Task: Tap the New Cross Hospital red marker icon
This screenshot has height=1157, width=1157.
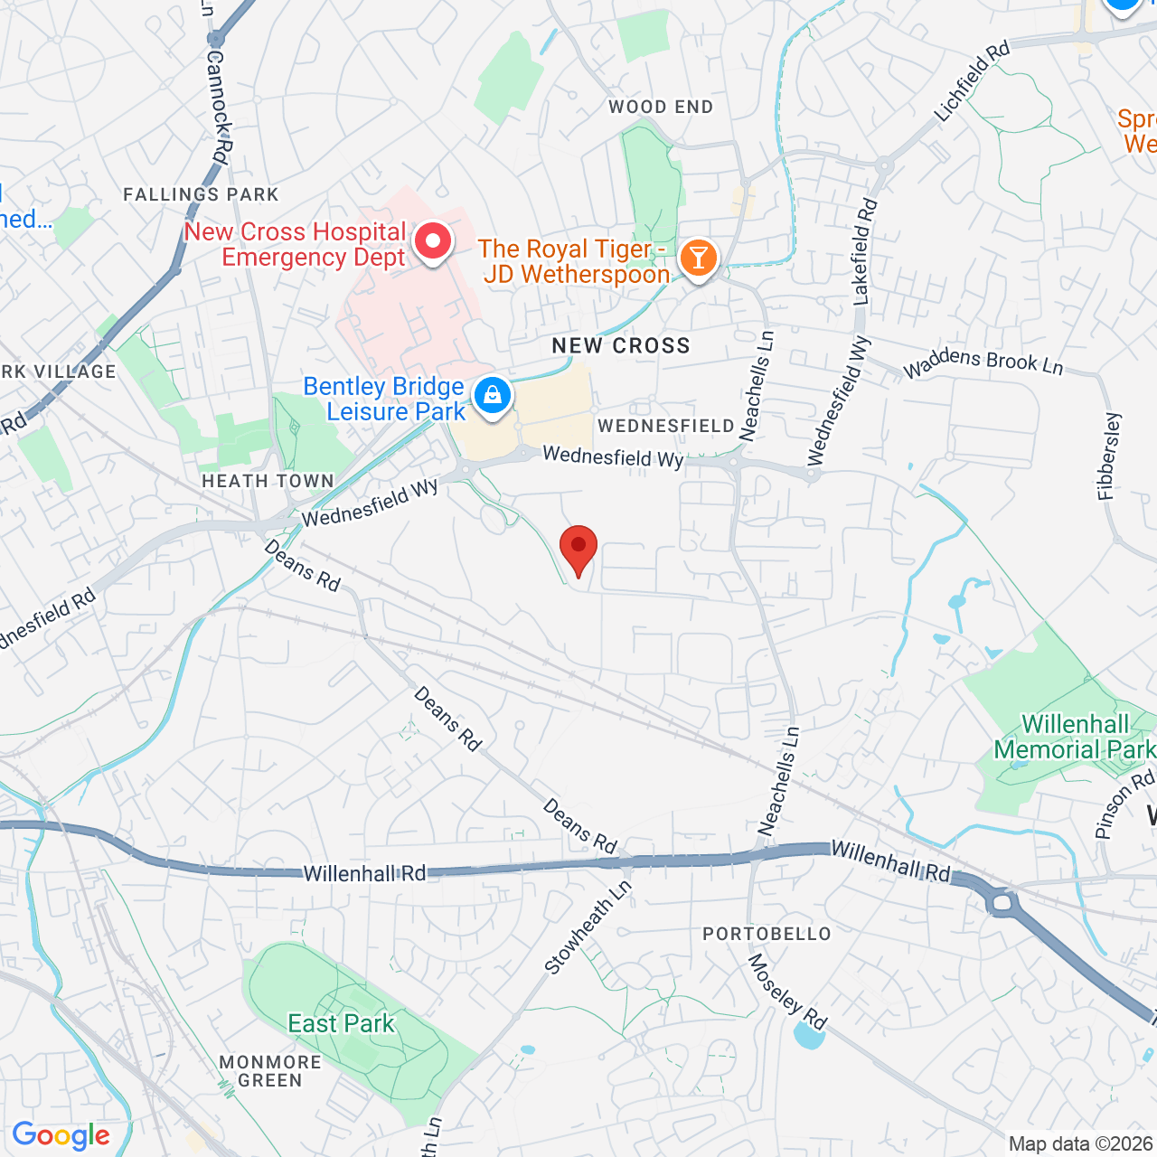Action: [x=433, y=242]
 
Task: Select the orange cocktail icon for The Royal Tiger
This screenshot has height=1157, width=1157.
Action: [x=698, y=258]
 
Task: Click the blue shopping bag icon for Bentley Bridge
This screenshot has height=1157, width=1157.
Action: [x=493, y=397]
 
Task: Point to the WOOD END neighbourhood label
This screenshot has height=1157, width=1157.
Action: [x=661, y=108]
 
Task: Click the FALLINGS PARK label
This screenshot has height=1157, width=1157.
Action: [x=201, y=194]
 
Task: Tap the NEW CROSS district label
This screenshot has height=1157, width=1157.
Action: [x=621, y=346]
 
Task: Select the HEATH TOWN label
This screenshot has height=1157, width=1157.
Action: [x=268, y=482]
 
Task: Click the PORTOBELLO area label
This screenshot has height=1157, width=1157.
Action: [x=767, y=934]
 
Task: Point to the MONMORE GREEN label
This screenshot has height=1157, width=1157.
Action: [x=270, y=1071]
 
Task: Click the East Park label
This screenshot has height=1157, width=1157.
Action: [x=341, y=1023]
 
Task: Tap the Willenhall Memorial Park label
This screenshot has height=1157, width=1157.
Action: [x=1074, y=737]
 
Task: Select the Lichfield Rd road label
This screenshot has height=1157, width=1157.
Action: [x=972, y=81]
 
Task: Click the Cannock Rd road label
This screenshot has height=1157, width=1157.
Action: [x=218, y=104]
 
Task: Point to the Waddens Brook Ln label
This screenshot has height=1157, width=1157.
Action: [x=983, y=362]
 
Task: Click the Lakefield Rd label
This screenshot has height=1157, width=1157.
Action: [x=864, y=250]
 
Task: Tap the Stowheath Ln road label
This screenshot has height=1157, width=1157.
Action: [x=588, y=927]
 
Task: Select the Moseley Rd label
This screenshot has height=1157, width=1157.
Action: [x=786, y=992]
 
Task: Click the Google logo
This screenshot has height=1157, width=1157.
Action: [x=61, y=1135]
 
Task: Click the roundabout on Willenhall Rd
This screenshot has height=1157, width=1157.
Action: [x=1002, y=901]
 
